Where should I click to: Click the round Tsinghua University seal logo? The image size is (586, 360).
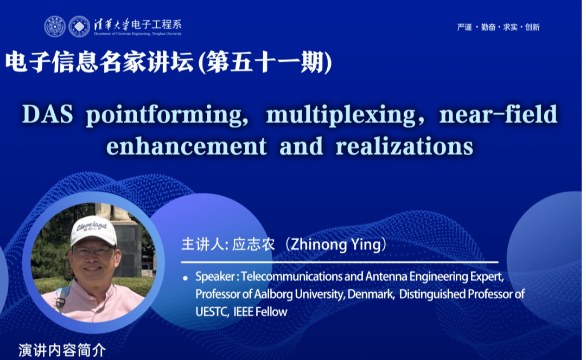coord(55,27)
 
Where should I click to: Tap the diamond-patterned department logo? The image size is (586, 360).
coord(79,27)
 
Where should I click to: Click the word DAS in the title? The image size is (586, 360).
coord(47,114)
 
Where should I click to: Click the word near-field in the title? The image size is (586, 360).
coord(498,114)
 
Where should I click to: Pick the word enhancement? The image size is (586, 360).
coord(187,146)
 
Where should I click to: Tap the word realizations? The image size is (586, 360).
coord(404,146)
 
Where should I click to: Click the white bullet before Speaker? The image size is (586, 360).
coord(185,278)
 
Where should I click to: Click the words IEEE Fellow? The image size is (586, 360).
coord(260,312)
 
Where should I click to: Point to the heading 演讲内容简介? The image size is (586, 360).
coord(62,350)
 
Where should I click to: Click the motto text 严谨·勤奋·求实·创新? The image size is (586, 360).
coord(498,27)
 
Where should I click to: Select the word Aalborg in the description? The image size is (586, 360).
coord(273,294)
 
